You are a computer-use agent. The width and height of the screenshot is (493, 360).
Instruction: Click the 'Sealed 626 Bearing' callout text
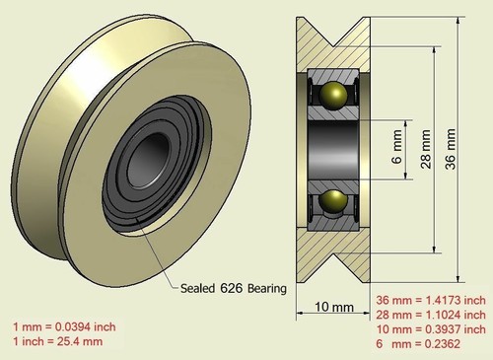click(233, 289)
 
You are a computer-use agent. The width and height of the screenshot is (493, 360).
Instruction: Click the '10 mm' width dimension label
click(334, 308)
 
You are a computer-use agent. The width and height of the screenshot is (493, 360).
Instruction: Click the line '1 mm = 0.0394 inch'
click(64, 326)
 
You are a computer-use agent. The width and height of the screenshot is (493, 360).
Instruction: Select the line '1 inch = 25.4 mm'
click(58, 341)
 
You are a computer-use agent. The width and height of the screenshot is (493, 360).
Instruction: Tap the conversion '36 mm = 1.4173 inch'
click(431, 300)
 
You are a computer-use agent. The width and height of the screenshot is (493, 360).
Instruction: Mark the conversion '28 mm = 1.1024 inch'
click(431, 315)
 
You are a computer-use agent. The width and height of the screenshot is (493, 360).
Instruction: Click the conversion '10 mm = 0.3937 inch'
click(431, 329)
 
